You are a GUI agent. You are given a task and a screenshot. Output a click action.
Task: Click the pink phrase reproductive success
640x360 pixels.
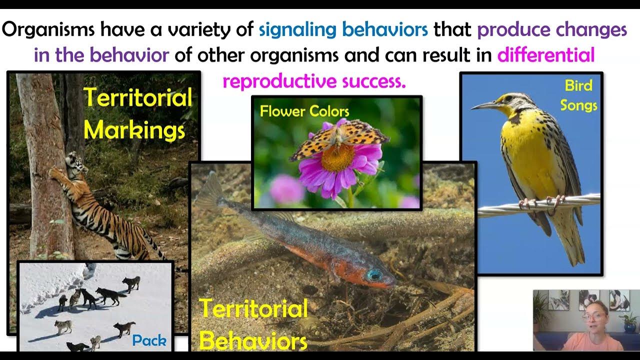314,80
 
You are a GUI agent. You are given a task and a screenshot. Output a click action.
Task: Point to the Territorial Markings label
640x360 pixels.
137,113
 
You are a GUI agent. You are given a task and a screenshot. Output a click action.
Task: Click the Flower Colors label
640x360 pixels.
304,111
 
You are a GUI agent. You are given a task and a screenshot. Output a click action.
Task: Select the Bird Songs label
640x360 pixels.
578,95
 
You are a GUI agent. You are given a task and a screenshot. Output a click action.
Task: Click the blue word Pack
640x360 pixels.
149,341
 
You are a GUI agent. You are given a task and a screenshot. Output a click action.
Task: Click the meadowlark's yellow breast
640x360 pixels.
525,145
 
